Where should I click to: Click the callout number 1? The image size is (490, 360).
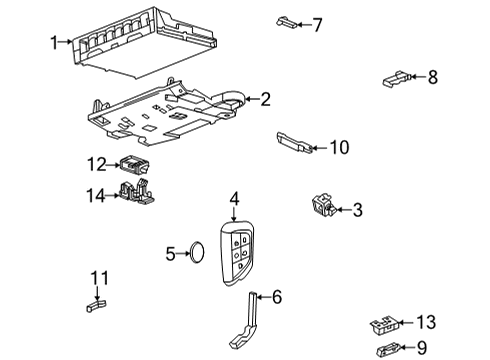coord(56,42)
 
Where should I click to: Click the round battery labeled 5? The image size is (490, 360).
coord(197,254)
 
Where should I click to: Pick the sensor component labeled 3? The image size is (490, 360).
coord(324,206)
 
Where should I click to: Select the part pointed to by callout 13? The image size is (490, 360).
coord(382,323)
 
